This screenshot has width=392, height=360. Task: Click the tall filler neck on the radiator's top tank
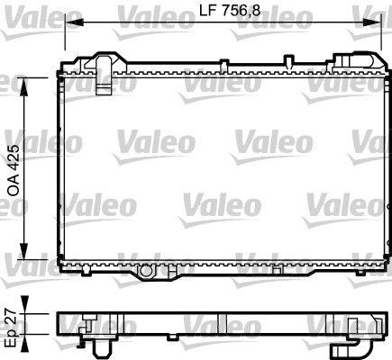105,67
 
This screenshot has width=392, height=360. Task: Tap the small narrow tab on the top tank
287,62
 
